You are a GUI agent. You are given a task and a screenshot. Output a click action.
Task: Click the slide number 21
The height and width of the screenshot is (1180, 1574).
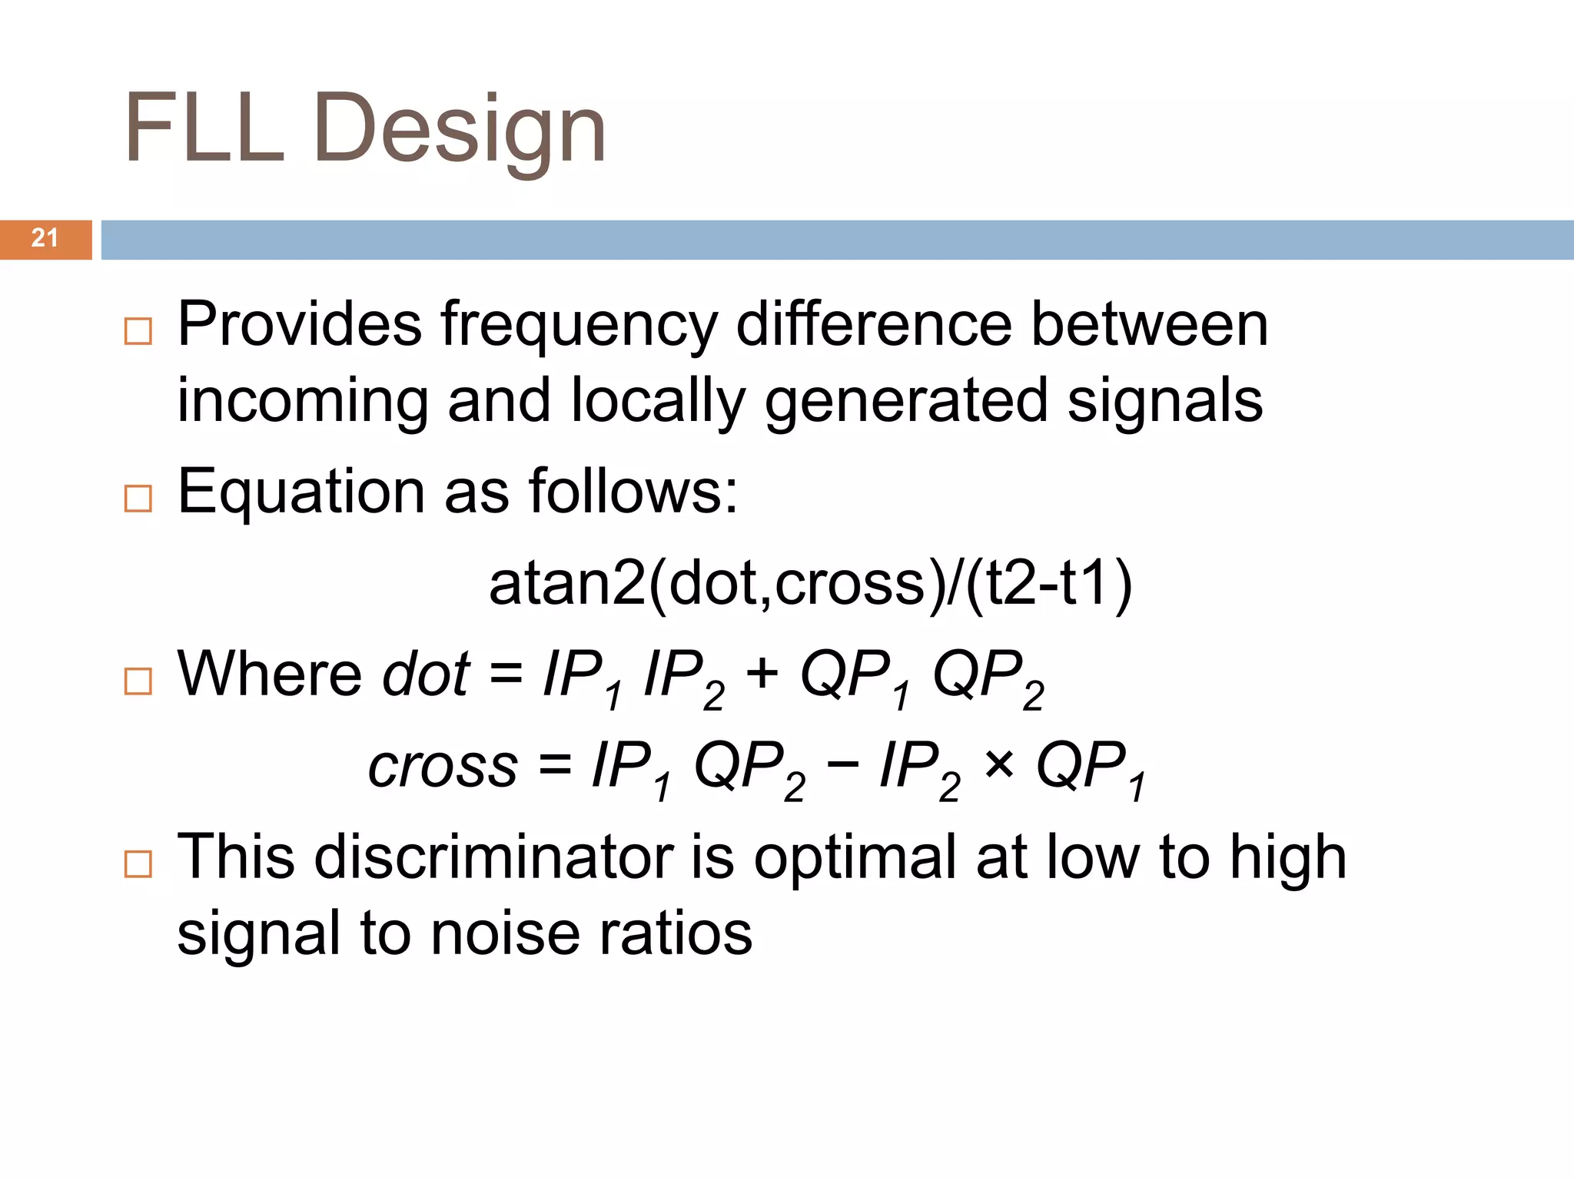pyautogui.click(x=45, y=238)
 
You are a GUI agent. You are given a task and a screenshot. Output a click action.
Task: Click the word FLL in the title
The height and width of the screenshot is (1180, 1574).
pyautogui.click(x=204, y=128)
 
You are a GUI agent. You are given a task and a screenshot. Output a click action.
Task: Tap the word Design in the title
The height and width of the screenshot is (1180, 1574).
pyautogui.click(x=460, y=131)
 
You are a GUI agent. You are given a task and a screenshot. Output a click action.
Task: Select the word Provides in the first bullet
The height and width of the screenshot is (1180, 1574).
pyautogui.click(x=299, y=324)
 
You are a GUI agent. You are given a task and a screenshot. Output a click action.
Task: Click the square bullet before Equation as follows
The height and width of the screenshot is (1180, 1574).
pyautogui.click(x=138, y=499)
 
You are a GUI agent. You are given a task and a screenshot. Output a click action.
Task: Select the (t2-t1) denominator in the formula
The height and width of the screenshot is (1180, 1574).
pyautogui.click(x=1048, y=584)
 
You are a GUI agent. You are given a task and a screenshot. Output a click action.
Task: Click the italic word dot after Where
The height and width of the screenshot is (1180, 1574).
pyautogui.click(x=425, y=675)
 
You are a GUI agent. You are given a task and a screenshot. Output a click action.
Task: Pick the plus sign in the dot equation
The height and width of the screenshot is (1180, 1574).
pyautogui.click(x=762, y=675)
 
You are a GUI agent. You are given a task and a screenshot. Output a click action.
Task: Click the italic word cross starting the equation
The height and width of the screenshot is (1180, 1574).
pyautogui.click(x=443, y=766)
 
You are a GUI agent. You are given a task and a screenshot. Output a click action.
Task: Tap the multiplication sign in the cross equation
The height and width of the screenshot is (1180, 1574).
pyautogui.click(x=998, y=765)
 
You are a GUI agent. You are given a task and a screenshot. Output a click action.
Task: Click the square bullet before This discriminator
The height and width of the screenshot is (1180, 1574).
pyautogui.click(x=138, y=864)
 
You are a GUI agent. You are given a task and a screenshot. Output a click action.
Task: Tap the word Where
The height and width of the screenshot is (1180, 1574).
pyautogui.click(x=269, y=675)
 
